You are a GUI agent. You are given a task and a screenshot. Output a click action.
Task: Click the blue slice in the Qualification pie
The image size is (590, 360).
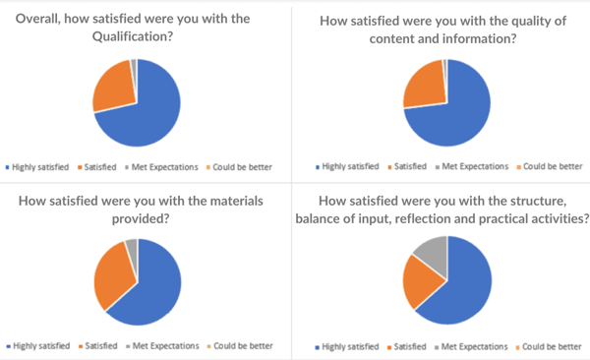coord(152,108)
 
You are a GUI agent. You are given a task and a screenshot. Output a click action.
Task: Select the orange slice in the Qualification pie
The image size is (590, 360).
coord(110,86)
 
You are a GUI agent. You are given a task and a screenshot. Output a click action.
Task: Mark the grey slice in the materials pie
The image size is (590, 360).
coord(132,245)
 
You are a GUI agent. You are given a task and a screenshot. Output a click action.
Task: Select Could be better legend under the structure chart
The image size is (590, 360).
coord(553,347)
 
